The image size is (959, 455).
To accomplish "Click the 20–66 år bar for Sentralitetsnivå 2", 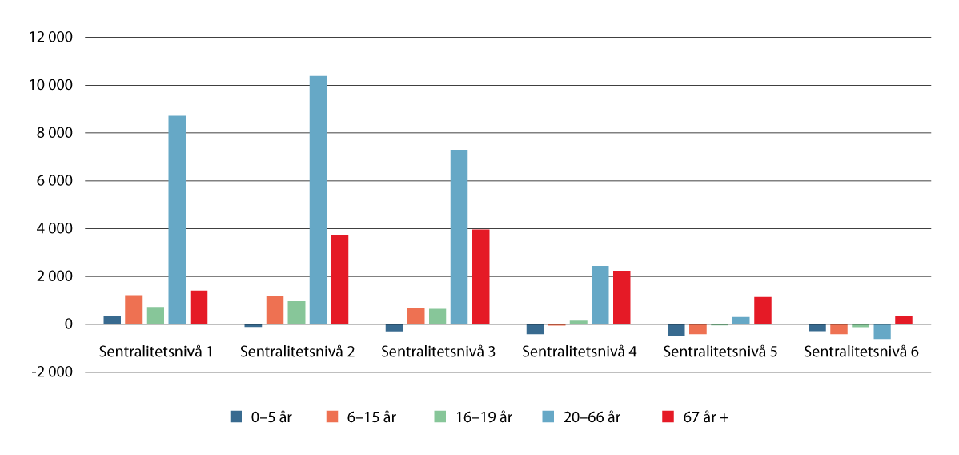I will pos(318,200).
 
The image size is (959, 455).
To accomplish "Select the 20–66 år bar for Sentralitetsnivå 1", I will pos(177,220).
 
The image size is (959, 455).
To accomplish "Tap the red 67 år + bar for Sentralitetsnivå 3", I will pos(480,277).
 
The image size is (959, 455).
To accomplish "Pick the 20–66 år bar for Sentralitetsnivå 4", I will pos(600,295).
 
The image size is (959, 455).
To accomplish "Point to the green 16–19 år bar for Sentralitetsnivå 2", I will pos(296,312).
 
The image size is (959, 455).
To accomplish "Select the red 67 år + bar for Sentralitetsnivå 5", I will pos(763,311).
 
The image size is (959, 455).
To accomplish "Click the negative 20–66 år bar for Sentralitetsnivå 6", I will pos(882,332).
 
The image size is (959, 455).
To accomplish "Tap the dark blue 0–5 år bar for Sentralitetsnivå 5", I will pos(676,330).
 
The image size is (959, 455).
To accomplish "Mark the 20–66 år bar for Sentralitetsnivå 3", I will pos(459,237).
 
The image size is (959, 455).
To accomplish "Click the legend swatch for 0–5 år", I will pos(236,417).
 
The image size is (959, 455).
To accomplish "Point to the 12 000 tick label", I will pos(50,38).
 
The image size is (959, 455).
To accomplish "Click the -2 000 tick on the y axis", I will pos(50,372).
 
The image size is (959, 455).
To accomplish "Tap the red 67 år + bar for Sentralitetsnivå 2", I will pos(339,280).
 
